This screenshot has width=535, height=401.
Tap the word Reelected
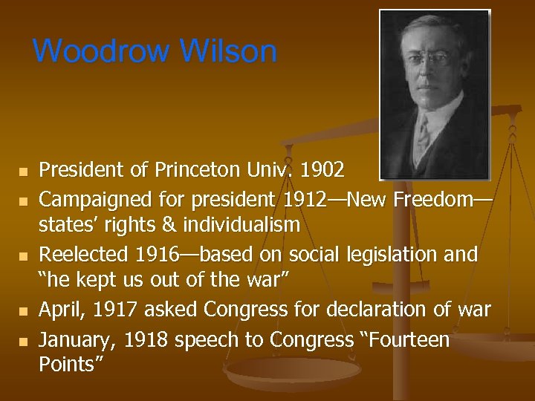click(83, 255)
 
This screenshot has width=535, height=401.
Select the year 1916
click(157, 255)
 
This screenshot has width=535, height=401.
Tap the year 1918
click(147, 339)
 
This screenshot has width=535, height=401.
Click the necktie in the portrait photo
click(423, 134)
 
